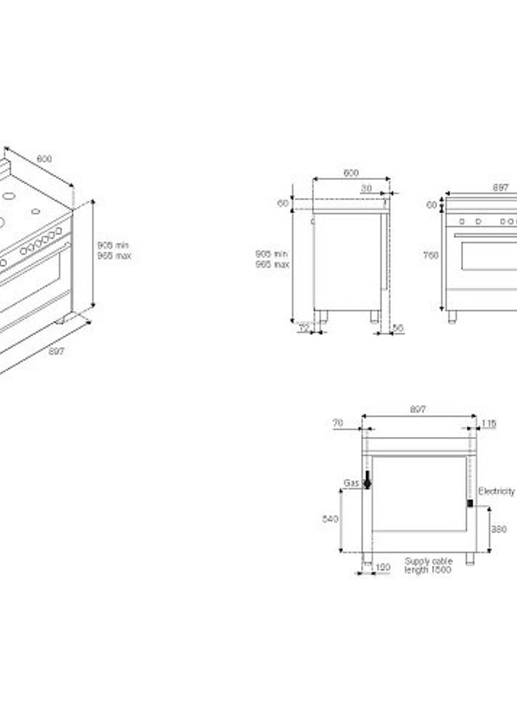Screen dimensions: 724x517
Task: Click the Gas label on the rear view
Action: (351, 483)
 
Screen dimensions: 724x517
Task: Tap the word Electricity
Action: (496, 491)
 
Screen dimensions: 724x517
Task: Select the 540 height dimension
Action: (330, 519)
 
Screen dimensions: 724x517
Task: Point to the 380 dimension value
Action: (499, 529)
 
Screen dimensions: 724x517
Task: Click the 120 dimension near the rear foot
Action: (383, 567)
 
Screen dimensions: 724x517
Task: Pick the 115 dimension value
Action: (489, 424)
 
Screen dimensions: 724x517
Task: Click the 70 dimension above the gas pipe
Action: (338, 423)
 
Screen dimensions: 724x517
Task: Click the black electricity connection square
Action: (470, 503)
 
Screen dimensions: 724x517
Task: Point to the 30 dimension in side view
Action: (366, 188)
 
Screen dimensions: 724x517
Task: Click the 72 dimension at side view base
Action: (304, 328)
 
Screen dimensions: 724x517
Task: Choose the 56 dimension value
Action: (398, 328)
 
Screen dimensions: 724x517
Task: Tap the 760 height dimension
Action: (431, 255)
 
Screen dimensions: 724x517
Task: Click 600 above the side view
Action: (351, 173)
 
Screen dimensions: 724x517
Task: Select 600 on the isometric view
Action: (44, 159)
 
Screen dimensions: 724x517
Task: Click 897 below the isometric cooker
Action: (56, 351)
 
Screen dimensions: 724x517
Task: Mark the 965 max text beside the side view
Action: (272, 264)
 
